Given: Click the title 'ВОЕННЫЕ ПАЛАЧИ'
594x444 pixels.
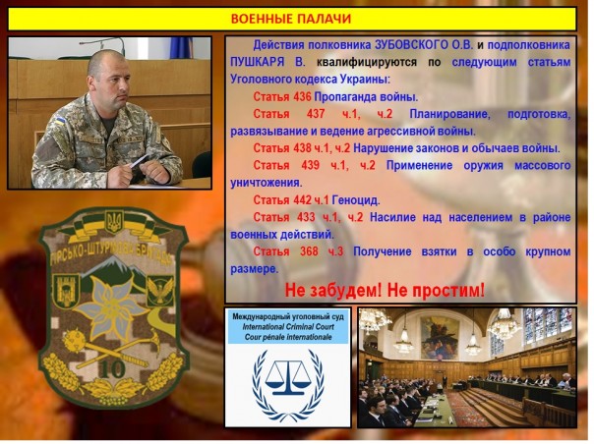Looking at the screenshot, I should pos(290,19).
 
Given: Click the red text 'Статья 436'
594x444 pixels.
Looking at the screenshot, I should pos(282,96).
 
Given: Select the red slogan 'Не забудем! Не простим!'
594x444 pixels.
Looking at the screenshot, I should pos(386,291).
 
